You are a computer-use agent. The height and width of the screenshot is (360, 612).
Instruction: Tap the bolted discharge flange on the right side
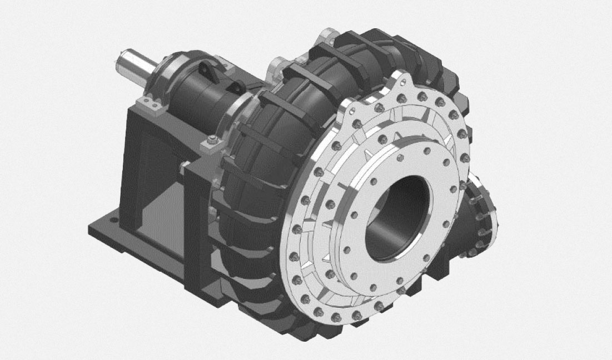point(481,217)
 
